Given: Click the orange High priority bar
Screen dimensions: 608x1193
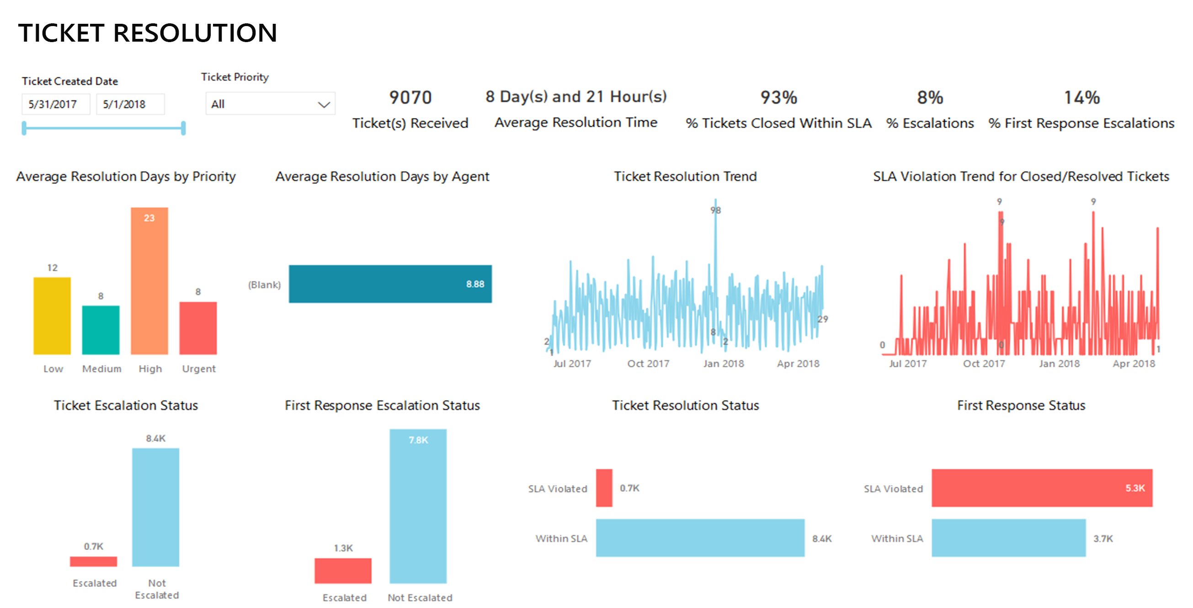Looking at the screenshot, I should point(149,281).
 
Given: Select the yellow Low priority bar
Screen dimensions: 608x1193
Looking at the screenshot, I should point(52,316).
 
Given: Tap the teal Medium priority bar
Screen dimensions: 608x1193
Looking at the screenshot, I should point(101,329).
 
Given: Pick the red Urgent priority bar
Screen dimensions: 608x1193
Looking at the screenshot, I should point(198,328).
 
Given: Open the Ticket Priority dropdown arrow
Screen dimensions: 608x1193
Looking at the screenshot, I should point(324,104).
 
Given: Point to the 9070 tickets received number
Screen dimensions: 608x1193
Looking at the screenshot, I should point(410,97).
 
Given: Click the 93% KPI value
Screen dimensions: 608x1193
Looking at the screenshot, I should point(778,97).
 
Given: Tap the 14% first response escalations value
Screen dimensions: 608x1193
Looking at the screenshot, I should point(1081,97).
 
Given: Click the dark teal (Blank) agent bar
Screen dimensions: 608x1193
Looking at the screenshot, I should point(390,284).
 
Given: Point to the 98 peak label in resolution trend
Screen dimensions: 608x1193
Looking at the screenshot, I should point(715,210).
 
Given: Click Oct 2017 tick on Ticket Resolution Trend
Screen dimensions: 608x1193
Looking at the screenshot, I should point(648,363).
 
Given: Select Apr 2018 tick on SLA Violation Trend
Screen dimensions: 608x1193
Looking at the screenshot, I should point(1134,363).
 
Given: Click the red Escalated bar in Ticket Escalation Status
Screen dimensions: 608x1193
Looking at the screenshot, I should point(93,561).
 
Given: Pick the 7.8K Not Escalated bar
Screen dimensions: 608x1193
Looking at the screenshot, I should point(418,506).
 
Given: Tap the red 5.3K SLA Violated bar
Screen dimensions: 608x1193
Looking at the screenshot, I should point(1042,488).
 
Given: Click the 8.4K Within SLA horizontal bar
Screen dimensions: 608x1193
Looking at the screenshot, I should point(700,538).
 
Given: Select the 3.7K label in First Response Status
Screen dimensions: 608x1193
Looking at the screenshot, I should point(1102,538).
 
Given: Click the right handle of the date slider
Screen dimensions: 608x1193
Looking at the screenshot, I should point(183,128).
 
